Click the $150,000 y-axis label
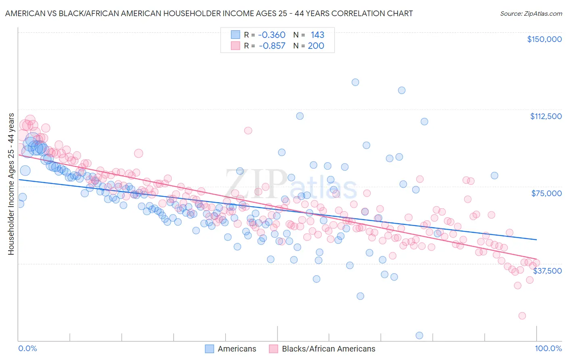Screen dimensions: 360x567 pyautogui.click(x=544, y=39)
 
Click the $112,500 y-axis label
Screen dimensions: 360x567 pyautogui.click(x=546, y=116)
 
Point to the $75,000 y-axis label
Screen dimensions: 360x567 pyautogui.click(x=546, y=193)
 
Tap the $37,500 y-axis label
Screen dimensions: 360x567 pyautogui.click(x=547, y=271)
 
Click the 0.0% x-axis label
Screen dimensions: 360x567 pyautogui.click(x=28, y=349)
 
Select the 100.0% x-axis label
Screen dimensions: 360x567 pyautogui.click(x=548, y=349)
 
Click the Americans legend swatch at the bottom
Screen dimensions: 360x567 pyautogui.click(x=209, y=349)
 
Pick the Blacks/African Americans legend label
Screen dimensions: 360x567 pyautogui.click(x=328, y=349)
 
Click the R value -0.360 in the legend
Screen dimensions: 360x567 pyautogui.click(x=271, y=35)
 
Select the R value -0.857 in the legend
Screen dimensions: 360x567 pyautogui.click(x=271, y=46)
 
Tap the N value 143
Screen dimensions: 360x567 pyautogui.click(x=317, y=35)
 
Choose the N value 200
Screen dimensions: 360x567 pyautogui.click(x=316, y=46)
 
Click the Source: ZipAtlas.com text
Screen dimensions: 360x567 pyautogui.click(x=531, y=13)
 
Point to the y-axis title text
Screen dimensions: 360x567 pyautogui.click(x=11, y=184)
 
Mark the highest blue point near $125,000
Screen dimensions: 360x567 pyautogui.click(x=355, y=82)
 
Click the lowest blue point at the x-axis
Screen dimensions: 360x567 pyautogui.click(x=419, y=335)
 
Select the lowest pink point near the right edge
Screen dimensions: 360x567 pyautogui.click(x=522, y=316)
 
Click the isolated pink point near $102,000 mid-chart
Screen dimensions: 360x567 pyautogui.click(x=248, y=130)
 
